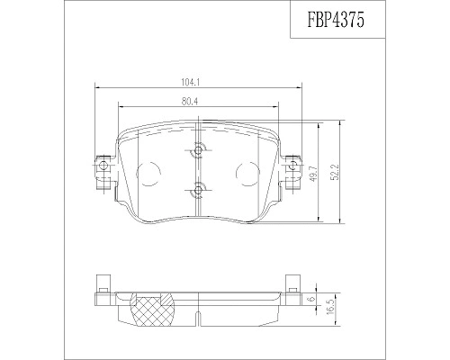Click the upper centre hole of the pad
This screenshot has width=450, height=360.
[x=198, y=150]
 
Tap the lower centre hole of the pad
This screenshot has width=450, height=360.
[x=198, y=189]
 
